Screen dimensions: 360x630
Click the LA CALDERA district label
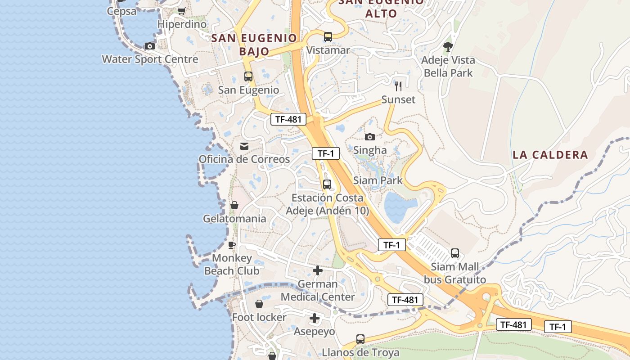pyautogui.click(x=550, y=155)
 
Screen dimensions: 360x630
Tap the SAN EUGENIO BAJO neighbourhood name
pyautogui.click(x=254, y=45)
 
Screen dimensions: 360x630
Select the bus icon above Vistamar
pyautogui.click(x=328, y=37)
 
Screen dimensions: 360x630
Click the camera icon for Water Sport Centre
pyautogui.click(x=150, y=46)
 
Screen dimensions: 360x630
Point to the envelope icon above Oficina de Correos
pyautogui.click(x=244, y=146)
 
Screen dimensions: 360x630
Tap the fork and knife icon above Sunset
pyautogui.click(x=398, y=86)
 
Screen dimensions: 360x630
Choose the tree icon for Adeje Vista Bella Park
pyautogui.click(x=448, y=46)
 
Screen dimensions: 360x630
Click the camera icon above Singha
pyautogui.click(x=370, y=137)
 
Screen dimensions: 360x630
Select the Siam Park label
pyautogui.click(x=378, y=180)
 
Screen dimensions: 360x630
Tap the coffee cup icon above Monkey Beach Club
pyautogui.click(x=232, y=245)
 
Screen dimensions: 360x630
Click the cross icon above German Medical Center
pyautogui.click(x=318, y=270)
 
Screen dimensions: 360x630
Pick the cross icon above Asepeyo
pyautogui.click(x=315, y=319)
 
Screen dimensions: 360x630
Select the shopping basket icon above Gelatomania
pyautogui.click(x=234, y=206)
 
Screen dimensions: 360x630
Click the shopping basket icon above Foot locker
pyautogui.click(x=259, y=304)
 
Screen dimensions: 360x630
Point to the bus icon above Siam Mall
pyautogui.click(x=455, y=253)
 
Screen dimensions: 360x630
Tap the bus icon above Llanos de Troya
pyautogui.click(x=360, y=339)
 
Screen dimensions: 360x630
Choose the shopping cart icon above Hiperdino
pyautogui.click(x=182, y=11)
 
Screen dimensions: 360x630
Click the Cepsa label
pyautogui.click(x=121, y=11)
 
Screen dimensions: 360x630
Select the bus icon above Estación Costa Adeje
pyautogui.click(x=327, y=184)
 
